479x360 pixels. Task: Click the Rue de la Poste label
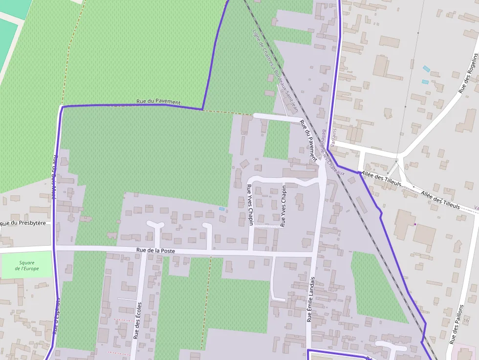155,251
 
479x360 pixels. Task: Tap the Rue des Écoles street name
138,320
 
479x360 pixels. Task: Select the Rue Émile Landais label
310,300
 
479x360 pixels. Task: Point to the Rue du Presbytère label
23,223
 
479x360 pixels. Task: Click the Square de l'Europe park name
27,266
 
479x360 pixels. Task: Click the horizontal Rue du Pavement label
158,102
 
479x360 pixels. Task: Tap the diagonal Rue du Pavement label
308,140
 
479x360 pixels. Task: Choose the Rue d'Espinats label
57,316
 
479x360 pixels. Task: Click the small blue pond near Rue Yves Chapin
222,209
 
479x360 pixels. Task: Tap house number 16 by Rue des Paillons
466,320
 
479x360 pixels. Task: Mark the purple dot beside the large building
415,224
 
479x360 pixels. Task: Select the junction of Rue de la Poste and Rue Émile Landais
313,254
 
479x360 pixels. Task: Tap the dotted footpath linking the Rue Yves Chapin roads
267,226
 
